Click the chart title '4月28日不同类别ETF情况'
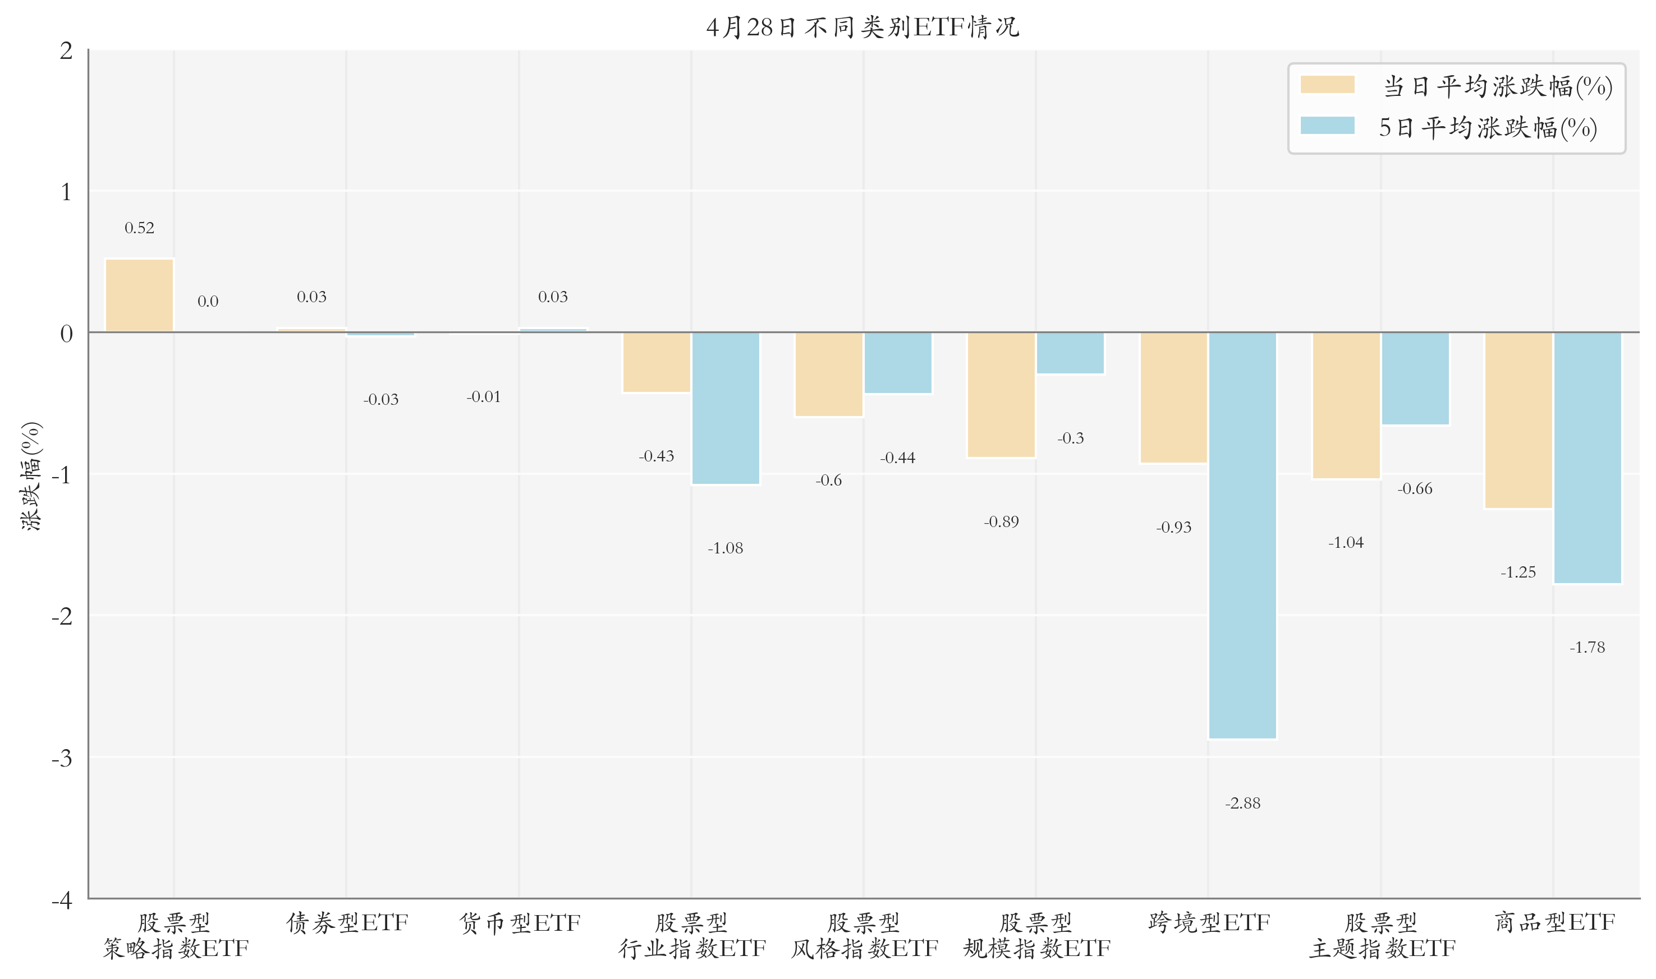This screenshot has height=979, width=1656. click(863, 27)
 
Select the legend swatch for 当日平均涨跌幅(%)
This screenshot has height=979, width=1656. click(1327, 85)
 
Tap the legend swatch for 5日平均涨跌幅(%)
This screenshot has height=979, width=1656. click(1327, 126)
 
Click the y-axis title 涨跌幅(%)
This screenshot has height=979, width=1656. click(31, 475)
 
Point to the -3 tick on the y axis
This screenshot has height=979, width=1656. click(62, 759)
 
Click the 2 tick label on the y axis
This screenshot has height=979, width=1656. click(66, 51)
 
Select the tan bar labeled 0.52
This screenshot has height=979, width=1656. click(139, 295)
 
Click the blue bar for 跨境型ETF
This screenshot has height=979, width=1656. click(1242, 535)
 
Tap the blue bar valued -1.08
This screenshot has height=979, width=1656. click(726, 408)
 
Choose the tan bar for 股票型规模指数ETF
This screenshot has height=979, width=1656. click(1001, 395)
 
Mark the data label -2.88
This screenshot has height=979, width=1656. click(1242, 803)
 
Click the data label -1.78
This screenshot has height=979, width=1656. click(1587, 648)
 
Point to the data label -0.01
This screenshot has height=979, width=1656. click(484, 397)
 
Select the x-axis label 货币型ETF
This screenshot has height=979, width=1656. click(520, 922)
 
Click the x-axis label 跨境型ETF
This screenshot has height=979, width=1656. click(1209, 922)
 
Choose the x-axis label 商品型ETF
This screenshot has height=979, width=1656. click(1554, 922)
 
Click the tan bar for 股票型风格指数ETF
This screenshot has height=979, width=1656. click(828, 375)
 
